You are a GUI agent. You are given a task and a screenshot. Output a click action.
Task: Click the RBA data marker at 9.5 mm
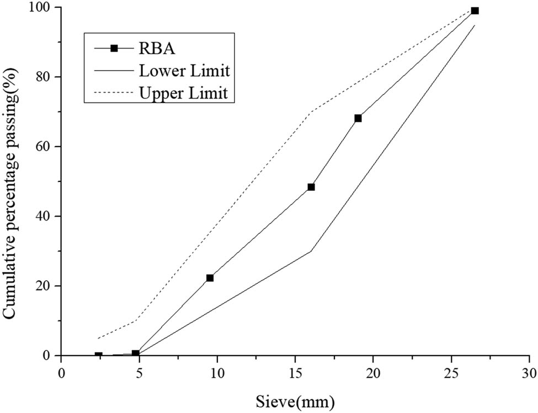[x=210, y=278]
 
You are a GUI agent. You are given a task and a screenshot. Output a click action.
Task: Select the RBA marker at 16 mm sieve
[x=311, y=187]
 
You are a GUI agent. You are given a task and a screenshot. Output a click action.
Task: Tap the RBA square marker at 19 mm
[x=358, y=118]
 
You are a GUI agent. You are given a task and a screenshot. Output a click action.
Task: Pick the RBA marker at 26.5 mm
[x=475, y=10]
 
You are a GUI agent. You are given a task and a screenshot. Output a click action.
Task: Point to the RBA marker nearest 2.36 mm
[x=98, y=356]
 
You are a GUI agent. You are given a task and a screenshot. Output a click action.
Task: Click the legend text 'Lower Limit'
[x=184, y=71]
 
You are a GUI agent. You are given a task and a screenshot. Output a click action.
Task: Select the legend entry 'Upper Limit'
[x=184, y=93]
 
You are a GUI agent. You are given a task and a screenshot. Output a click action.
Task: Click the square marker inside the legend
[x=114, y=49]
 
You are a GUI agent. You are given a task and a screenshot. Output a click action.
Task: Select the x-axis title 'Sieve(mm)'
[x=295, y=398]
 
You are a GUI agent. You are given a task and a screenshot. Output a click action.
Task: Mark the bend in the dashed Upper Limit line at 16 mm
[x=311, y=112]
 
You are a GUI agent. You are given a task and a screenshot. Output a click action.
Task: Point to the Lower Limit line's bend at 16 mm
[x=311, y=251]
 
